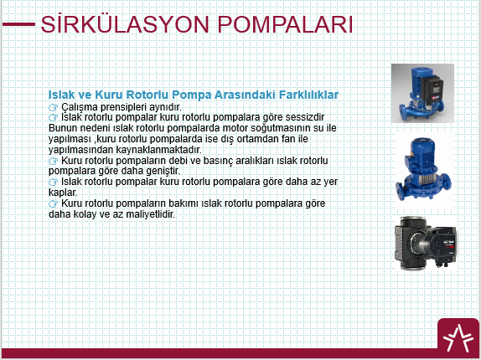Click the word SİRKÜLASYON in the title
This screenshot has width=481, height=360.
click(125, 24)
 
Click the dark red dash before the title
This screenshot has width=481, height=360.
click(18, 24)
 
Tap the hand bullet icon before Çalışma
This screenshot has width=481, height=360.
click(53, 107)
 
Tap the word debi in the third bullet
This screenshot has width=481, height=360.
click(178, 161)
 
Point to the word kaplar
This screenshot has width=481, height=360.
click(63, 193)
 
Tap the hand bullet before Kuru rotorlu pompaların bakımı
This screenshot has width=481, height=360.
click(53, 203)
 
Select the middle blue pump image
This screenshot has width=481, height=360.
click(424, 169)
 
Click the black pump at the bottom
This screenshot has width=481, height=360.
click(425, 244)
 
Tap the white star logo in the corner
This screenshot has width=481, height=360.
click(458, 338)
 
